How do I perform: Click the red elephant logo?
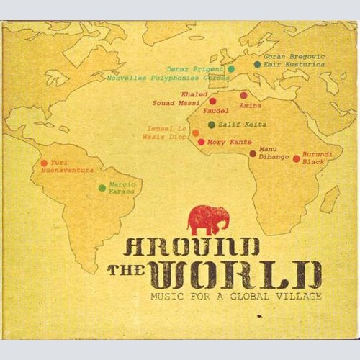pyautogui.click(x=209, y=220)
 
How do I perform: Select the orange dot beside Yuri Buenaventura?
pyautogui.click(x=45, y=163)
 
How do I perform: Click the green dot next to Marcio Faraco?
pyautogui.click(x=102, y=188)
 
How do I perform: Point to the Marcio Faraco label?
pyautogui.click(x=122, y=189)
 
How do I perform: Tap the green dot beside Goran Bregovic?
pyautogui.click(x=257, y=64)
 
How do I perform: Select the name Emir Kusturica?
pyautogui.click(x=294, y=64)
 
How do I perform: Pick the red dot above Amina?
pyautogui.click(x=243, y=95)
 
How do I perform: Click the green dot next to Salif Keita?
pyautogui.click(x=211, y=125)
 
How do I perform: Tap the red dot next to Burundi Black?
pyautogui.click(x=296, y=158)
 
